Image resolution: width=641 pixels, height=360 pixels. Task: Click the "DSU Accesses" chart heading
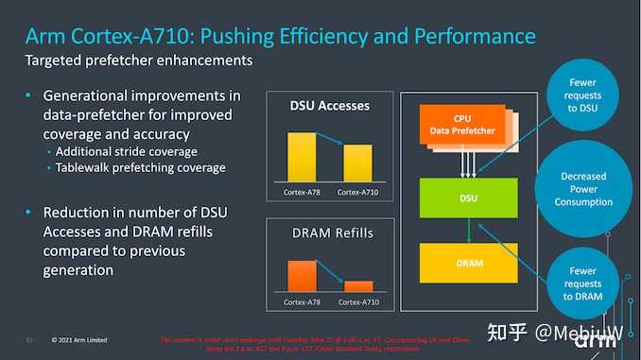click(329, 105)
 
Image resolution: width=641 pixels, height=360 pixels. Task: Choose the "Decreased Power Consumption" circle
click(583, 189)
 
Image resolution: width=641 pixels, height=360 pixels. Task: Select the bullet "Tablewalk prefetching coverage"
click(140, 167)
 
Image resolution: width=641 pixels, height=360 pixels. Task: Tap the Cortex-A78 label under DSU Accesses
click(302, 192)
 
